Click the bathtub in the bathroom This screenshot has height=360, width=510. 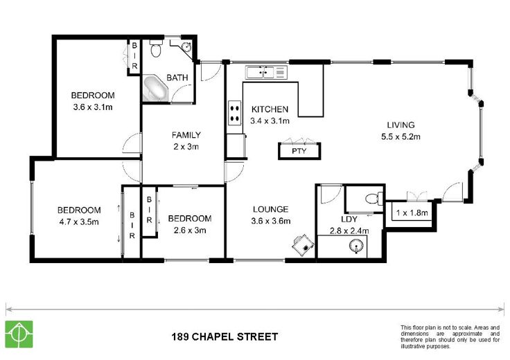click(x=155, y=89)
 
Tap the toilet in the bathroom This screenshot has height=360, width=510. click(x=156, y=48)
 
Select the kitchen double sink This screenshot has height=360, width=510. click(x=266, y=72)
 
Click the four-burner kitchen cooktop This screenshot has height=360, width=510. click(x=234, y=113)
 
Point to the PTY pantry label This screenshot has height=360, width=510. click(x=299, y=151)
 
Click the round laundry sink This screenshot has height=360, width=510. click(x=356, y=246)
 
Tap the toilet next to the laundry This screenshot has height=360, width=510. click(x=374, y=198)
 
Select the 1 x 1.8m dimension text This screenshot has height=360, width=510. click(x=412, y=213)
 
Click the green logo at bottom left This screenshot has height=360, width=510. click(x=19, y=334)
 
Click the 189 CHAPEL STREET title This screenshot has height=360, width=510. click(x=225, y=336)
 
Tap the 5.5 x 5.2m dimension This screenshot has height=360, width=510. click(x=401, y=137)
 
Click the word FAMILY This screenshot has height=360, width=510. click(x=186, y=135)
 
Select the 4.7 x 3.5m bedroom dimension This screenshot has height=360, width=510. click(x=79, y=222)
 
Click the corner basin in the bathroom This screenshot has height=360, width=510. click(x=186, y=47)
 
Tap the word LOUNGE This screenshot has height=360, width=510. click(x=271, y=209)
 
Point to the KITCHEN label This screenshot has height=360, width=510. click(x=270, y=109)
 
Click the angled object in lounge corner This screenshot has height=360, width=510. click(x=303, y=244)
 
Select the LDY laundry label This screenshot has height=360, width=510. click(x=349, y=219)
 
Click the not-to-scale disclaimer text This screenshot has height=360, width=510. click(x=450, y=337)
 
